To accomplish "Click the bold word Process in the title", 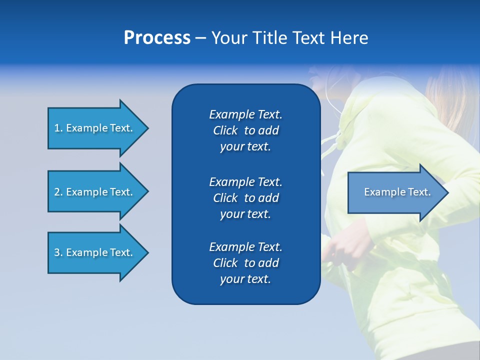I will [x=157, y=38].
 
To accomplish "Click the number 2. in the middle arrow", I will [x=58, y=192].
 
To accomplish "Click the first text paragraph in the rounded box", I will [x=245, y=130].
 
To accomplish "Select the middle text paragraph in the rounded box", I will [x=245, y=198].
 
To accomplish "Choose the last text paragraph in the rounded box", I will [x=245, y=263].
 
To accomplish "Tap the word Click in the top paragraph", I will [x=225, y=130].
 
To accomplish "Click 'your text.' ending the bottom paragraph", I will [x=245, y=279].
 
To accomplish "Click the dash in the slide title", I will [x=200, y=38].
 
